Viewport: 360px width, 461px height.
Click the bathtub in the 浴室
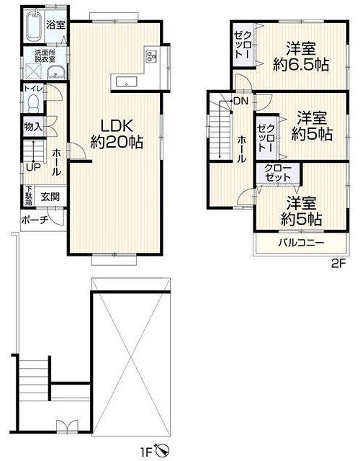click(35, 26)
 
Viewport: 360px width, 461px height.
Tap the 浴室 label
click(55, 25)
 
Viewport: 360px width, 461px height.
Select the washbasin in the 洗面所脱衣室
click(56, 72)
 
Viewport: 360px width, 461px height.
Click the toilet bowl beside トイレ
click(34, 104)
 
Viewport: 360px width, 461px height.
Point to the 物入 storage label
click(33, 127)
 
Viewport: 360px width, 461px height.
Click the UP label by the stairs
click(33, 168)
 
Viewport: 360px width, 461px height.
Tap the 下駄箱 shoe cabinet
click(28, 195)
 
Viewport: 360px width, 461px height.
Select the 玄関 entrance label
click(50, 197)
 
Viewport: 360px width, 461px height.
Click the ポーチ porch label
click(35, 220)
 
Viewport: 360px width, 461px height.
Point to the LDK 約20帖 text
click(117, 134)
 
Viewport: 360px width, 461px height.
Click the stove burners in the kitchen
click(151, 56)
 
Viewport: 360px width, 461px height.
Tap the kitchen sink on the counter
click(127, 81)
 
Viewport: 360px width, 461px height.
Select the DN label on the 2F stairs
click(240, 102)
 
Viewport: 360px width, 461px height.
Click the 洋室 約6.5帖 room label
click(301, 57)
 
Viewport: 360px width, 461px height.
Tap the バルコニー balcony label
click(302, 243)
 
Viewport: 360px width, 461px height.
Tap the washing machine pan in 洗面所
click(33, 71)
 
